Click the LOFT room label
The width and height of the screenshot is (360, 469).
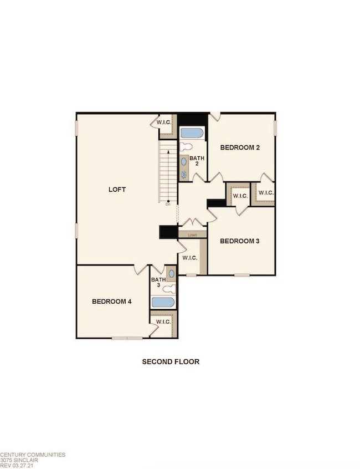(x=117, y=190)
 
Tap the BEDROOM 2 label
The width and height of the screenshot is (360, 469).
(x=240, y=147)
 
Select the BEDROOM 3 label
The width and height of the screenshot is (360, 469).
(x=240, y=241)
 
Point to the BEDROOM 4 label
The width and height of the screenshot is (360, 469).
(x=111, y=302)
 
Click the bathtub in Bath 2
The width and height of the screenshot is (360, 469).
(x=192, y=134)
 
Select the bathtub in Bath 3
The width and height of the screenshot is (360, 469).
(x=163, y=303)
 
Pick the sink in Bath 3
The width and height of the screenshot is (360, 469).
(x=171, y=274)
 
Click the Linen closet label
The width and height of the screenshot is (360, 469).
(x=192, y=235)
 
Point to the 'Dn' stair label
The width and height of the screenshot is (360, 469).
(x=168, y=204)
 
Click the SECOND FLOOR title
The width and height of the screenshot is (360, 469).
(x=171, y=361)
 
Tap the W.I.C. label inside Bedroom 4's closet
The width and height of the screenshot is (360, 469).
(x=163, y=322)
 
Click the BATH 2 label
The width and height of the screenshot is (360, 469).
(x=197, y=161)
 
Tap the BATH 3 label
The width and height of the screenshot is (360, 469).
(x=158, y=282)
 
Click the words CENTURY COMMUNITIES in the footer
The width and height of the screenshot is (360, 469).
(x=33, y=455)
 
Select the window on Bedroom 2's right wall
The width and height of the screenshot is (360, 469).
(x=275, y=126)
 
